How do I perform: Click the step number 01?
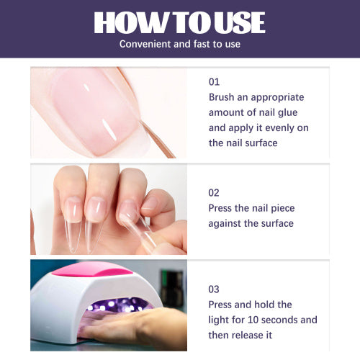[x=214, y=82]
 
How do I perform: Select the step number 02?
[x=214, y=193]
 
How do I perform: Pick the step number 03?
[x=214, y=289]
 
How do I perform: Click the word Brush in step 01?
[x=221, y=97]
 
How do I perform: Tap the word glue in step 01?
[x=288, y=113]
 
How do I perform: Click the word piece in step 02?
[x=282, y=208]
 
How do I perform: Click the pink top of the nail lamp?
[x=92, y=269]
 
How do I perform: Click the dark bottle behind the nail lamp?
[x=172, y=287]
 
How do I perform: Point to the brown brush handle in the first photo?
[x=158, y=139]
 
